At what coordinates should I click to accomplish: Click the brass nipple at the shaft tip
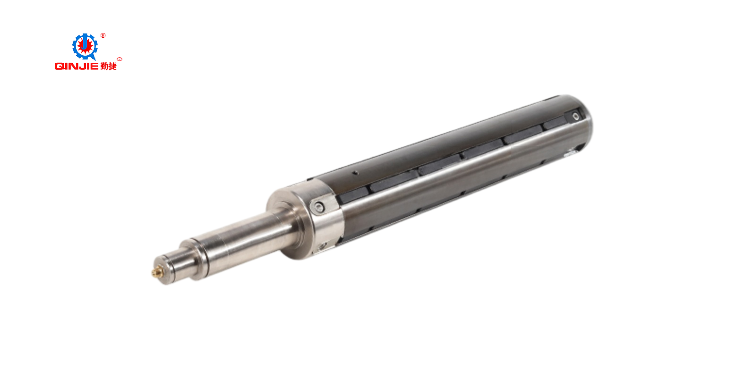tap(155, 273)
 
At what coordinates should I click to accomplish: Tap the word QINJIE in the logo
tap(77, 66)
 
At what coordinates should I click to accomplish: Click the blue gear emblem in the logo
tap(85, 46)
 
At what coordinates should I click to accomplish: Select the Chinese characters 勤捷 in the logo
tap(108, 66)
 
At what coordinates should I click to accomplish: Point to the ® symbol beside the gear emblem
tap(103, 35)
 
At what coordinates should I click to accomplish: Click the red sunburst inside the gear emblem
tap(85, 46)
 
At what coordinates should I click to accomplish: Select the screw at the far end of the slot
tap(576, 116)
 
